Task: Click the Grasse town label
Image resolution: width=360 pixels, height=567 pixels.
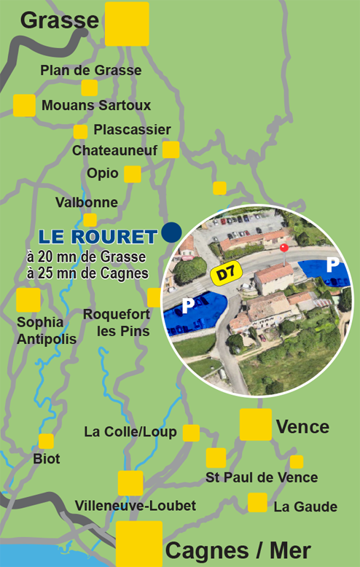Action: (x=59, y=20)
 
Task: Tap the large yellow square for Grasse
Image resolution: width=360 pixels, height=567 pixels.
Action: (x=127, y=24)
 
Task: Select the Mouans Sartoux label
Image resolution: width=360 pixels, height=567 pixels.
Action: (x=96, y=106)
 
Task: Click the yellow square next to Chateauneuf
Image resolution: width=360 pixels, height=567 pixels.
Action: (x=171, y=150)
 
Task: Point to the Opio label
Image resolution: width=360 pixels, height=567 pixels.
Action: (x=102, y=173)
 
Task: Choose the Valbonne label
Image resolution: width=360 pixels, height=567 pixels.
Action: (x=86, y=202)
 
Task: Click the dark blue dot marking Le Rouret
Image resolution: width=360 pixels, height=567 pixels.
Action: (x=172, y=232)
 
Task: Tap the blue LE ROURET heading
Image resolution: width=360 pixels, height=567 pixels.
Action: (x=98, y=237)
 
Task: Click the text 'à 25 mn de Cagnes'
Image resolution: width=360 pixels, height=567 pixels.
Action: (x=87, y=273)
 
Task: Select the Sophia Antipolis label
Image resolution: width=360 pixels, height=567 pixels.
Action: (x=39, y=331)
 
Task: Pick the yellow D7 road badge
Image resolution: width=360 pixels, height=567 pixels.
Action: (x=226, y=274)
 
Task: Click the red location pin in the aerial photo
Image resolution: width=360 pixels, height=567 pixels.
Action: (x=283, y=249)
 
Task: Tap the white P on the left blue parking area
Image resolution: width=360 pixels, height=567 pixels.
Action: (x=188, y=304)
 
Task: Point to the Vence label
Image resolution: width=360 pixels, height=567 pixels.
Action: (x=302, y=426)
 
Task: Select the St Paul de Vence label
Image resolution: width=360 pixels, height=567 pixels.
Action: (x=262, y=477)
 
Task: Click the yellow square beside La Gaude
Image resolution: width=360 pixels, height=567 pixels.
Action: (x=257, y=503)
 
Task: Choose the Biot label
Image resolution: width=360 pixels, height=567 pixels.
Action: (x=47, y=459)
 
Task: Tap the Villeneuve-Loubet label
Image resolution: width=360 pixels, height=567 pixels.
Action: (x=136, y=506)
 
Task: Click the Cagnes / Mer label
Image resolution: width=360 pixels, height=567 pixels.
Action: (x=238, y=550)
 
